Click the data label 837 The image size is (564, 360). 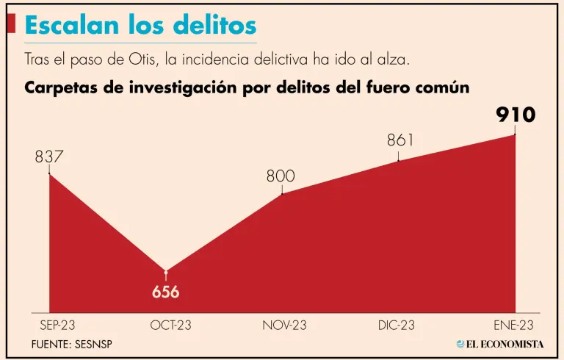(x=49, y=156)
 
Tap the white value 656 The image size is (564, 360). (x=166, y=292)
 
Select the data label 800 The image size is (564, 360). (x=281, y=176)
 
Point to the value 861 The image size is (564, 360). (x=401, y=140)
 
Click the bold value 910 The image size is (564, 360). (x=515, y=115)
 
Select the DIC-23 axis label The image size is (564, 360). (x=399, y=325)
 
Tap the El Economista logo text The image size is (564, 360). (x=505, y=344)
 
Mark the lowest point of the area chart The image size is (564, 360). (x=166, y=270)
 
